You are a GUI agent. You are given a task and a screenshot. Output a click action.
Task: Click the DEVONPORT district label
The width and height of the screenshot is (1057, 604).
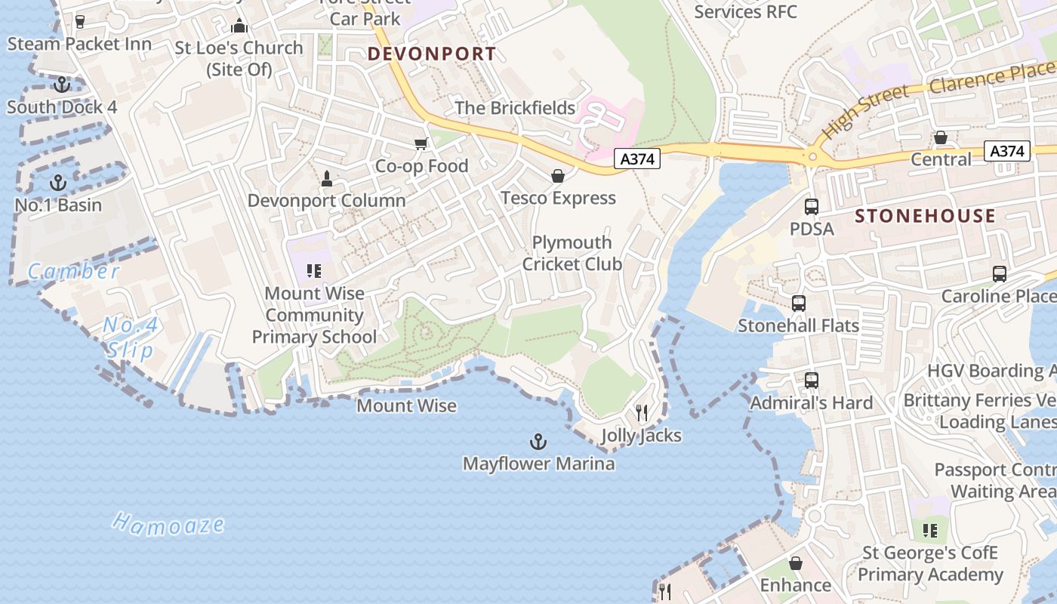pos(432,54)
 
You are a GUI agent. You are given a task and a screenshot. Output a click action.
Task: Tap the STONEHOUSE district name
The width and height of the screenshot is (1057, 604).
pos(925,216)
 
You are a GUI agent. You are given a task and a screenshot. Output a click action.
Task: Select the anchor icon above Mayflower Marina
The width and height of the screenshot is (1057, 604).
pos(538,441)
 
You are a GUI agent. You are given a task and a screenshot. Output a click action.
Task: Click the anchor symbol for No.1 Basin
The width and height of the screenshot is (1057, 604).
pos(57,183)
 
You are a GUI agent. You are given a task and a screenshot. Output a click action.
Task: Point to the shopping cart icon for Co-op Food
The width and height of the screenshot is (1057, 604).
pos(421,143)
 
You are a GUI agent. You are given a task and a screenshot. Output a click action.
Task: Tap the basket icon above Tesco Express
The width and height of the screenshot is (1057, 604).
pos(558,176)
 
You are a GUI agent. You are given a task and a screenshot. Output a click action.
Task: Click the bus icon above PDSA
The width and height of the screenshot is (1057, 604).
pos(812,206)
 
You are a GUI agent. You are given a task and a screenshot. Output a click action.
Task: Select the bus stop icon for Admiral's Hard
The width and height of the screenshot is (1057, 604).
pos(812,381)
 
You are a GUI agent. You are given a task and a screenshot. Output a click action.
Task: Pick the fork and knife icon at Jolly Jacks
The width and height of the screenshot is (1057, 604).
pos(642,413)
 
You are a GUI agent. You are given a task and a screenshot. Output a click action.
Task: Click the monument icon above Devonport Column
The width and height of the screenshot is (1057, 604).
pos(327,179)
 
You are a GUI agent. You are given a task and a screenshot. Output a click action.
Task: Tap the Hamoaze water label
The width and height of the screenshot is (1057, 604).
pos(169,524)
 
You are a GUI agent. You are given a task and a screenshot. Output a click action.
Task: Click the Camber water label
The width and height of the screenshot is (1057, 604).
pos(73,271)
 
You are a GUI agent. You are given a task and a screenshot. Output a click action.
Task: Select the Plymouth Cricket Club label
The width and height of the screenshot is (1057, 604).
pos(572,253)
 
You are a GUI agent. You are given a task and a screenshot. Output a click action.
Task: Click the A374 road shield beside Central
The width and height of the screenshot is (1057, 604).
pos(1008,151)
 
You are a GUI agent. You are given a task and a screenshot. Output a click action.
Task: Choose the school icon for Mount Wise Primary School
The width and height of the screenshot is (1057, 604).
pos(315,271)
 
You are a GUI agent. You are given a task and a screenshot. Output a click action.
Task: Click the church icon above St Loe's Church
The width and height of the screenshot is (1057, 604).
pos(239,26)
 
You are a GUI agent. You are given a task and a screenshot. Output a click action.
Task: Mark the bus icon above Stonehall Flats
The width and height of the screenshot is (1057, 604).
pos(799,304)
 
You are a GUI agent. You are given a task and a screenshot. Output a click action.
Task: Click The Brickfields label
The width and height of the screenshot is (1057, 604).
pos(515,108)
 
